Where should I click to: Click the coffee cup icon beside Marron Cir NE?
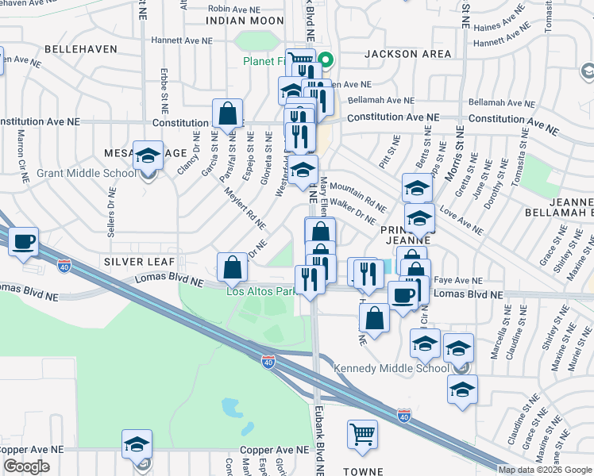(23, 240)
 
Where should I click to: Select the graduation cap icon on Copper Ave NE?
(137, 444)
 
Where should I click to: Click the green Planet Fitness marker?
(326, 60)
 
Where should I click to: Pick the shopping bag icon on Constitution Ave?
(227, 113)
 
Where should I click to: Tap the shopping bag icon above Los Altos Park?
(231, 267)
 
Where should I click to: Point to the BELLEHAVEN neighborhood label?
(81, 48)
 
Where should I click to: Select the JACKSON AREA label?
(407, 54)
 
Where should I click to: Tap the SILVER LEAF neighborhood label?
(133, 261)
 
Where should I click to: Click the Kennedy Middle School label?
(391, 368)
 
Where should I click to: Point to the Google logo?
(26, 466)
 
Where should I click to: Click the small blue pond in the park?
(233, 408)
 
